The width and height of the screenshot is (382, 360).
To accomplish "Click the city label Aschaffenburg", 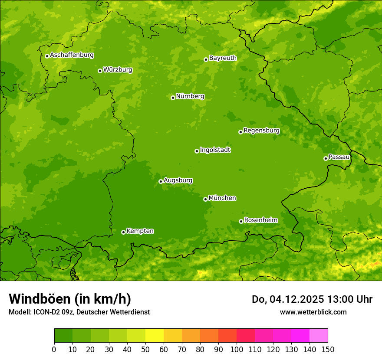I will [72, 55].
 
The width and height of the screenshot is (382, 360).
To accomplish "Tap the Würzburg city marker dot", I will [100, 71].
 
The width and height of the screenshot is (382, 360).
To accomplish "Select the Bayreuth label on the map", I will [223, 58].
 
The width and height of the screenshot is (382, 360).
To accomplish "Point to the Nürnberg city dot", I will [173, 98].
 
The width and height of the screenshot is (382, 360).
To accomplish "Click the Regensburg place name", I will [261, 130].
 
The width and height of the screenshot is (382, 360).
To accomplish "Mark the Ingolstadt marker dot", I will [197, 151].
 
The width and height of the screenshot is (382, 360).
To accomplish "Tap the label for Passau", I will [339, 157].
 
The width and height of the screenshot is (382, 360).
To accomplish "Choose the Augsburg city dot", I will [161, 181].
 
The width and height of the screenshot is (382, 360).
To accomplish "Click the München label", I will [222, 198].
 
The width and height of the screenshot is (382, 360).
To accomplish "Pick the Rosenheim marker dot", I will [241, 221].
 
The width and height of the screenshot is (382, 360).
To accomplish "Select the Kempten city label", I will [140, 231].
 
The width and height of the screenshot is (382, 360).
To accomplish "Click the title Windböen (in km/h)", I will [70, 299].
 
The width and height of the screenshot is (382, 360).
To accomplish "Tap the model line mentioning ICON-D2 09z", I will [79, 312].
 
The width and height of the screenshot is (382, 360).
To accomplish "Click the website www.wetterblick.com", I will [313, 312].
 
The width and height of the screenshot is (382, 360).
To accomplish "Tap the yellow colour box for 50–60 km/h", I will [155, 335].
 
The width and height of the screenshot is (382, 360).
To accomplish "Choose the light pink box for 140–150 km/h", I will [319, 335].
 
